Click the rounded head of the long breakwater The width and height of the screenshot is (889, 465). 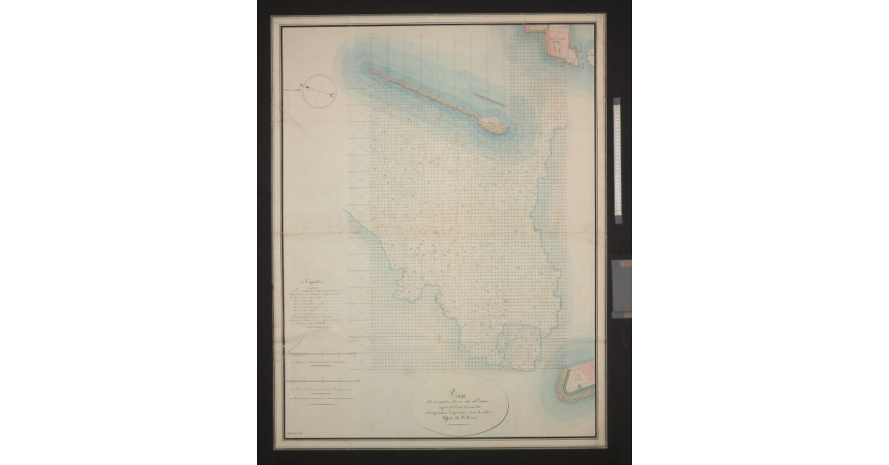coord(495,125)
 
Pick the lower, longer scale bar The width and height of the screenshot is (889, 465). coord(322,381)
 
